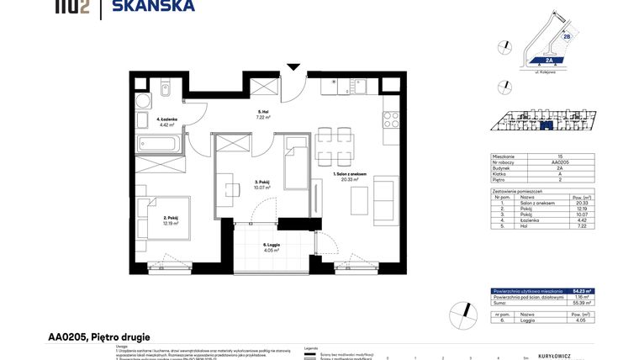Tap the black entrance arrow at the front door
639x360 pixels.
point(293,66)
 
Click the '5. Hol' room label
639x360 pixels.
point(261,114)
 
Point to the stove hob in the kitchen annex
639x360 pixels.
point(390,120)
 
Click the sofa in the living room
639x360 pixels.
point(386,200)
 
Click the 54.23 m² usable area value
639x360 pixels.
point(582,291)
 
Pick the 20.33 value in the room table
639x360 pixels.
point(582,203)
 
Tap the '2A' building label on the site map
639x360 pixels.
point(548,61)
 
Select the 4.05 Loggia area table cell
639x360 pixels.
point(582,320)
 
